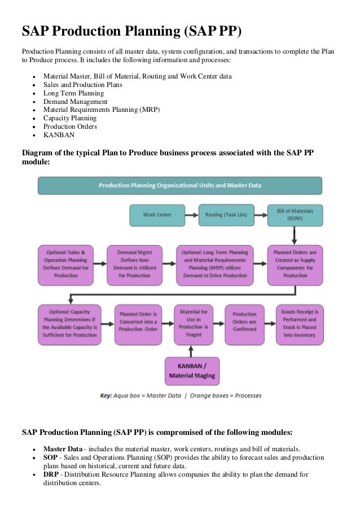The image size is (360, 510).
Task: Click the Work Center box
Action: [x=157, y=215]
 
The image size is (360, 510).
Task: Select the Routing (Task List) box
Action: [x=226, y=215]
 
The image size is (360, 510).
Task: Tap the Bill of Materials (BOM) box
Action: [x=295, y=215]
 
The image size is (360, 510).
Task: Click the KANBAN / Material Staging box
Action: [x=192, y=370]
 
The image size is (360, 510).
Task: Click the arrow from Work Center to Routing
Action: [x=192, y=215]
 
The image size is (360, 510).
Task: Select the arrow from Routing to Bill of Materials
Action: [x=261, y=215]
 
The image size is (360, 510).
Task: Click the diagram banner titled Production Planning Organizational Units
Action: [x=180, y=185]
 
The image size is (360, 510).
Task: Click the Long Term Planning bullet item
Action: [x=73, y=93]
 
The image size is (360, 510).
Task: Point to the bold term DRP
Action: [x=51, y=474]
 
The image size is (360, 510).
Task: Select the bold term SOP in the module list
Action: [x=50, y=457]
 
